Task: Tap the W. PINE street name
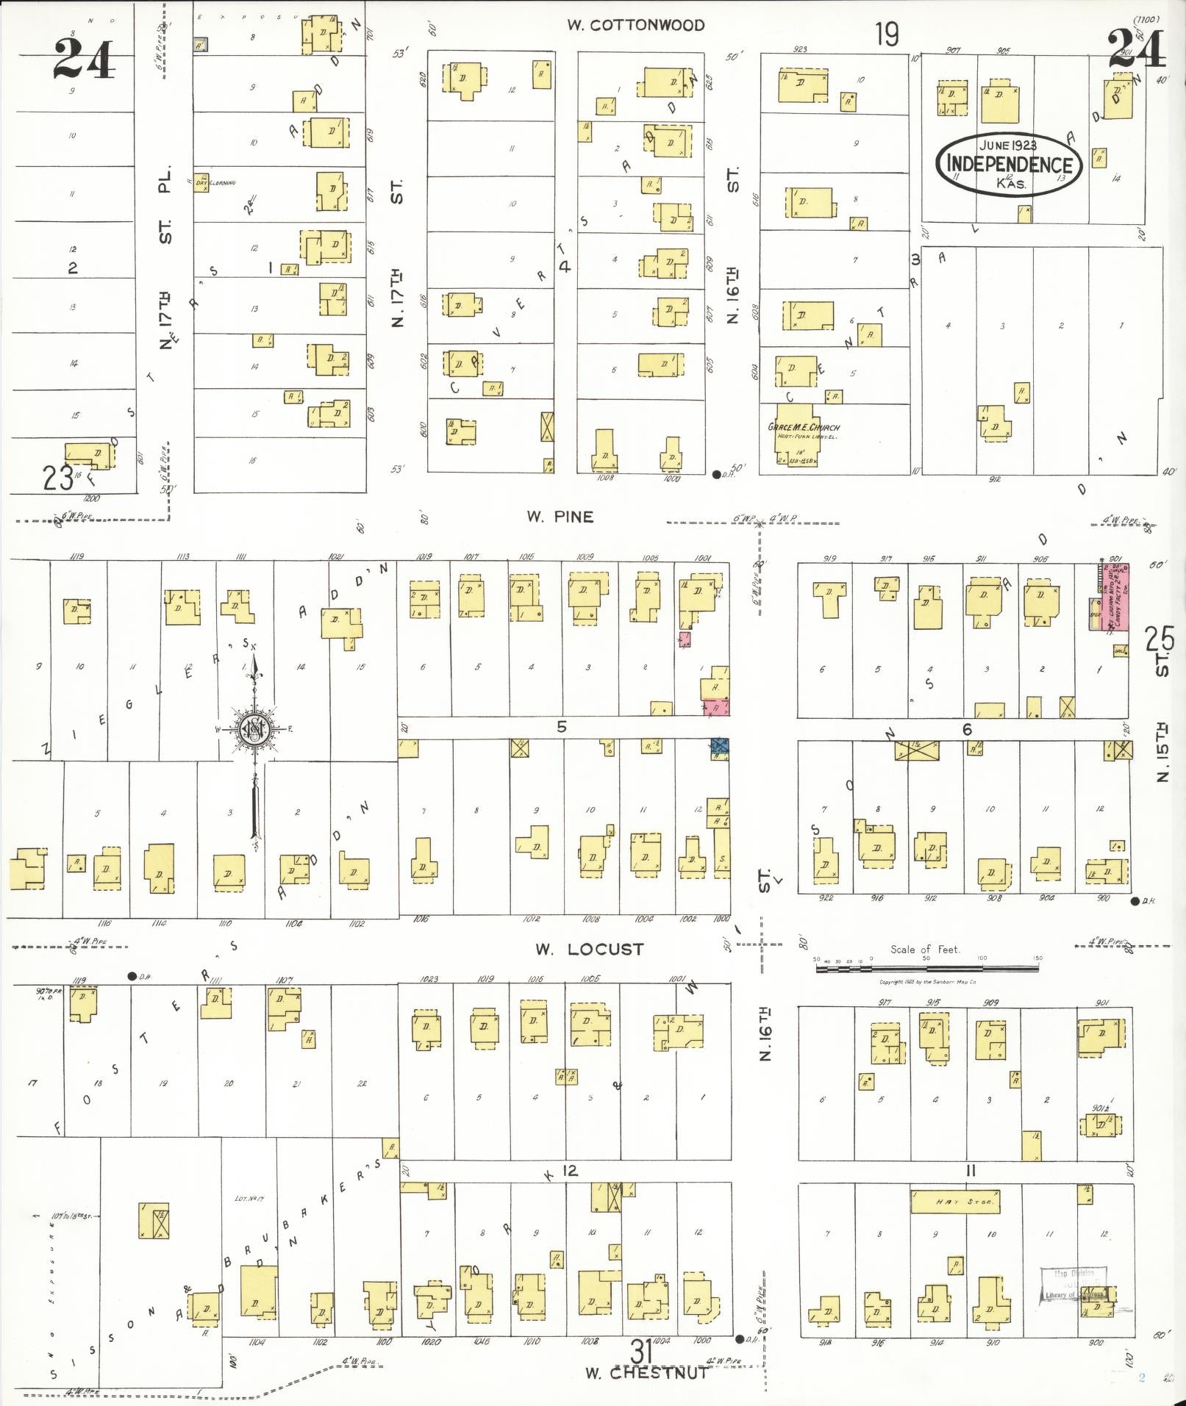coord(560,517)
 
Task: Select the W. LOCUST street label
coord(589,949)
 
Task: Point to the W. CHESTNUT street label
coord(646,1372)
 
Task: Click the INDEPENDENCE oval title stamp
coord(1008,163)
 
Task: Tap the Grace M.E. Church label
coord(803,427)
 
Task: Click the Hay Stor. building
coord(954,1202)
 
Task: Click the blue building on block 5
coord(720,747)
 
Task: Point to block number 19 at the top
coord(887,34)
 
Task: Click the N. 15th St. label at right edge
coord(1162,753)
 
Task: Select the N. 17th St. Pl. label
coord(165,257)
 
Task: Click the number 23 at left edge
coord(57,478)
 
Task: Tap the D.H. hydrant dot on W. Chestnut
coord(739,1338)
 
